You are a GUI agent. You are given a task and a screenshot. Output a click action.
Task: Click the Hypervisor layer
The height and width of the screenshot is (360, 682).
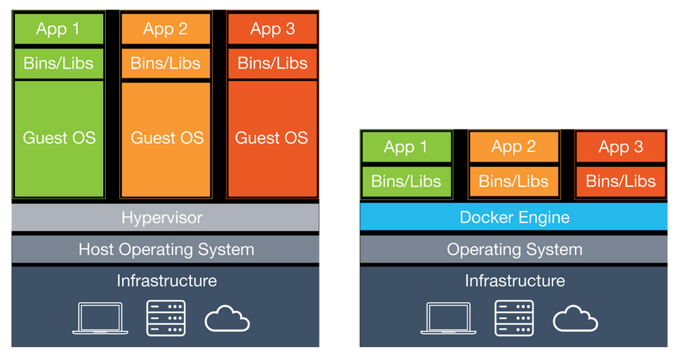(x=162, y=217)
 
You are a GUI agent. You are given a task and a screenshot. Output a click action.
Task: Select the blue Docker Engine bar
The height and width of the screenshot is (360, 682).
(x=514, y=217)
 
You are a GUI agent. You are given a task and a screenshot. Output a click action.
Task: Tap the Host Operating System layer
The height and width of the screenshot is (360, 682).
(x=166, y=250)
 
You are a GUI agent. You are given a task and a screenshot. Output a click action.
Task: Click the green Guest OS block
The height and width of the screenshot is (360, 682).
(x=59, y=138)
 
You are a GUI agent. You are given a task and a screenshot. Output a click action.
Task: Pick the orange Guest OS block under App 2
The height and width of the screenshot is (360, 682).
(x=166, y=138)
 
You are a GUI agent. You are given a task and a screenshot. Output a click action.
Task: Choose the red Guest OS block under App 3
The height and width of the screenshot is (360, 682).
(x=272, y=138)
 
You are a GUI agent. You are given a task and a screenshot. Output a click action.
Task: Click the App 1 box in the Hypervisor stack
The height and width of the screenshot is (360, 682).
(x=59, y=29)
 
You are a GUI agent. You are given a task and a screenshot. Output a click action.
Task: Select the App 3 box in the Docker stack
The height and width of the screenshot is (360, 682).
(x=621, y=147)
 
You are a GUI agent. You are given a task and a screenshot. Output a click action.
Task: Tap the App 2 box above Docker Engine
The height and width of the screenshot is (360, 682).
(x=514, y=147)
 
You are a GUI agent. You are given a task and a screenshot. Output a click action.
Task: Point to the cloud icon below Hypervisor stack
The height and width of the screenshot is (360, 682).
(x=228, y=318)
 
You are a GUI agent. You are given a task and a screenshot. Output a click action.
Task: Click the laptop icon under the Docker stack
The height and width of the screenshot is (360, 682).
(x=448, y=318)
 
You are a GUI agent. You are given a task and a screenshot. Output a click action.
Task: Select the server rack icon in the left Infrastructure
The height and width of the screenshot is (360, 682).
(x=166, y=318)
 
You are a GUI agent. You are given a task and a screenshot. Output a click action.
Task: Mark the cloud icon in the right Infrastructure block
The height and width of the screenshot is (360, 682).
(x=576, y=318)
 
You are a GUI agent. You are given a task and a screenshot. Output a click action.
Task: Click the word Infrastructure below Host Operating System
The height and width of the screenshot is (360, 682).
(x=166, y=280)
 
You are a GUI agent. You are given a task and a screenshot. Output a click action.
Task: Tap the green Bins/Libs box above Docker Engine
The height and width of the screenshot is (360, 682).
(x=406, y=181)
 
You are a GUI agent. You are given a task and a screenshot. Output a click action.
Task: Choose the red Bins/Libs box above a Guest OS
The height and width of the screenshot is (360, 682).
(x=272, y=63)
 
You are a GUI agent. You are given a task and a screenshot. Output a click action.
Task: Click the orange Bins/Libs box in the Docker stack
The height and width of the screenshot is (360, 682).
(x=514, y=181)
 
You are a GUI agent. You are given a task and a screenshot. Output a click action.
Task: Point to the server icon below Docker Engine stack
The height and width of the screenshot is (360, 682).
(x=514, y=318)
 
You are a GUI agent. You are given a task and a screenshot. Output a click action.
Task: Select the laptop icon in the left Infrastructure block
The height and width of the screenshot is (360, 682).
(x=100, y=318)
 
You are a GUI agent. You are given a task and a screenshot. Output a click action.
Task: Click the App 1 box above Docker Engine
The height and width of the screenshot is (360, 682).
(x=406, y=147)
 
